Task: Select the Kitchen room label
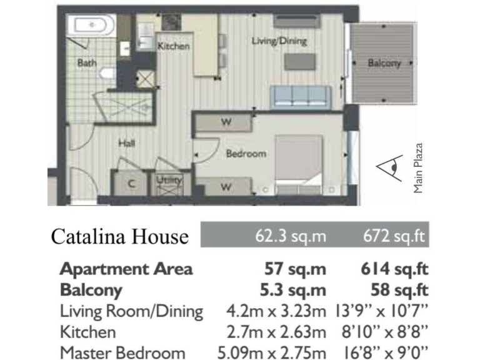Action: point(173,46)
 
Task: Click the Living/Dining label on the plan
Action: point(279,41)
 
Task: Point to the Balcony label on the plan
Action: point(384,63)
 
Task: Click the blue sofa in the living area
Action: point(300,96)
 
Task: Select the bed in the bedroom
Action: point(299,165)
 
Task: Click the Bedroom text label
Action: point(246,153)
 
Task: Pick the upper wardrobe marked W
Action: point(226,122)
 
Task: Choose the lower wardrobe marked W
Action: point(226,186)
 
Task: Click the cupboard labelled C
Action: point(132,183)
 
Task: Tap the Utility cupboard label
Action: point(169,180)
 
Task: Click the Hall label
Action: point(127,143)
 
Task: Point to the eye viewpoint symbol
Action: point(388,167)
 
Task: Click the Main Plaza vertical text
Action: point(419,168)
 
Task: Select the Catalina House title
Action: point(119,237)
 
